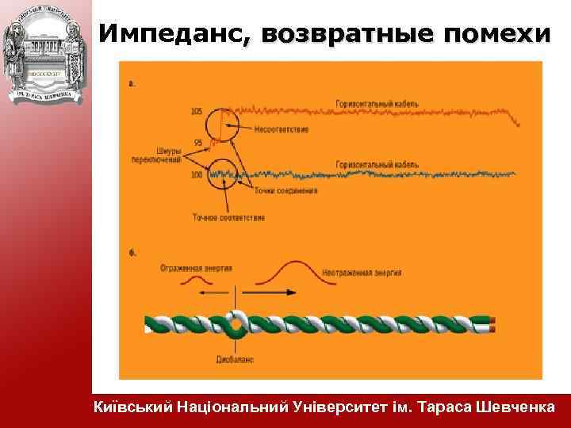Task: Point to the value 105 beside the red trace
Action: click(197, 112)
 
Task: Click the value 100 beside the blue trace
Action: click(197, 174)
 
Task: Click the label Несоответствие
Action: click(282, 129)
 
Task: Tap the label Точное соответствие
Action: click(228, 217)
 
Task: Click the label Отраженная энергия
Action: click(195, 268)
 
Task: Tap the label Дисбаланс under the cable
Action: click(236, 359)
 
